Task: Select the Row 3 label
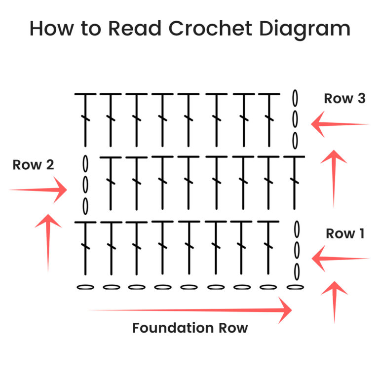[x=344, y=99]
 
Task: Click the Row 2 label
[x=34, y=165]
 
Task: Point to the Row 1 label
[x=345, y=234]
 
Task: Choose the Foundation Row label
[x=190, y=328]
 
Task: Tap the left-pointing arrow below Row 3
[x=340, y=124]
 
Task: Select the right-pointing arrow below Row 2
[x=38, y=190]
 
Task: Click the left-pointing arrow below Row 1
[x=340, y=258]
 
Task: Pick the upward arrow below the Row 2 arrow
[x=48, y=242]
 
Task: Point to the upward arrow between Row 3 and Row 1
[x=334, y=178]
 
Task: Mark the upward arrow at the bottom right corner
[x=335, y=301]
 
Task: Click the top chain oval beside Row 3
[x=295, y=97]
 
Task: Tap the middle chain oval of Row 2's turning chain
[x=85, y=184]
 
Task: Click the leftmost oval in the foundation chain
[x=85, y=287]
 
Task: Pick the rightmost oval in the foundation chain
[x=295, y=287]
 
